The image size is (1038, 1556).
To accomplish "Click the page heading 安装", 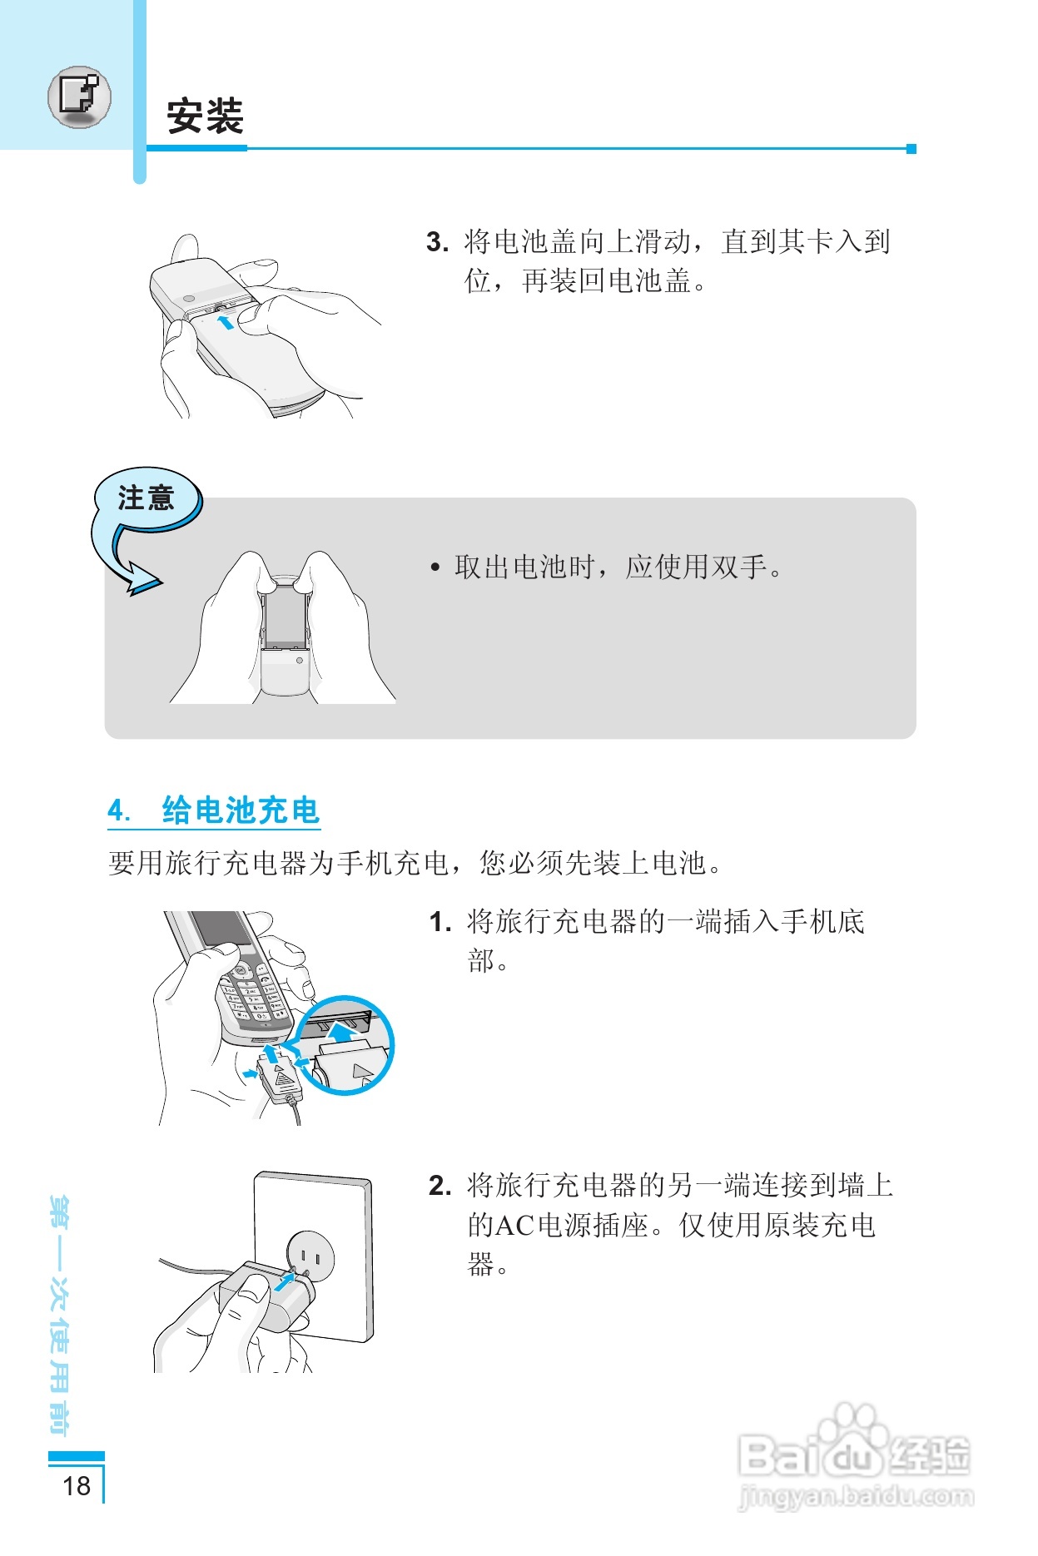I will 205,116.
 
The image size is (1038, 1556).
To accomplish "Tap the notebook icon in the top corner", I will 79,97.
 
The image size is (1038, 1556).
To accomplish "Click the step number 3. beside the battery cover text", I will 437,242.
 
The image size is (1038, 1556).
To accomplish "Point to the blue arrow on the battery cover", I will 226,322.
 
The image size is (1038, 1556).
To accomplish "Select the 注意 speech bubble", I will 147,498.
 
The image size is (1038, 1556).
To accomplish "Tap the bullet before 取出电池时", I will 435,568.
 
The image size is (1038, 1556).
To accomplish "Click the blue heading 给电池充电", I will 241,810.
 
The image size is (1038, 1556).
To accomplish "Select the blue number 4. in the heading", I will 119,810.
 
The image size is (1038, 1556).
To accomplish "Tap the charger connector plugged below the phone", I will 281,1078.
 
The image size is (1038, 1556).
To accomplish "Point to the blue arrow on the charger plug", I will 285,1281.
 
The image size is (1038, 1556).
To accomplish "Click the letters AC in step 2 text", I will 515,1226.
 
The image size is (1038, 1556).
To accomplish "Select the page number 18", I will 77,1486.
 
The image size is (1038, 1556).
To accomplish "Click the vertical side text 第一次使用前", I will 60,1315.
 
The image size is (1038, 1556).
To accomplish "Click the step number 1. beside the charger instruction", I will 440,922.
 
